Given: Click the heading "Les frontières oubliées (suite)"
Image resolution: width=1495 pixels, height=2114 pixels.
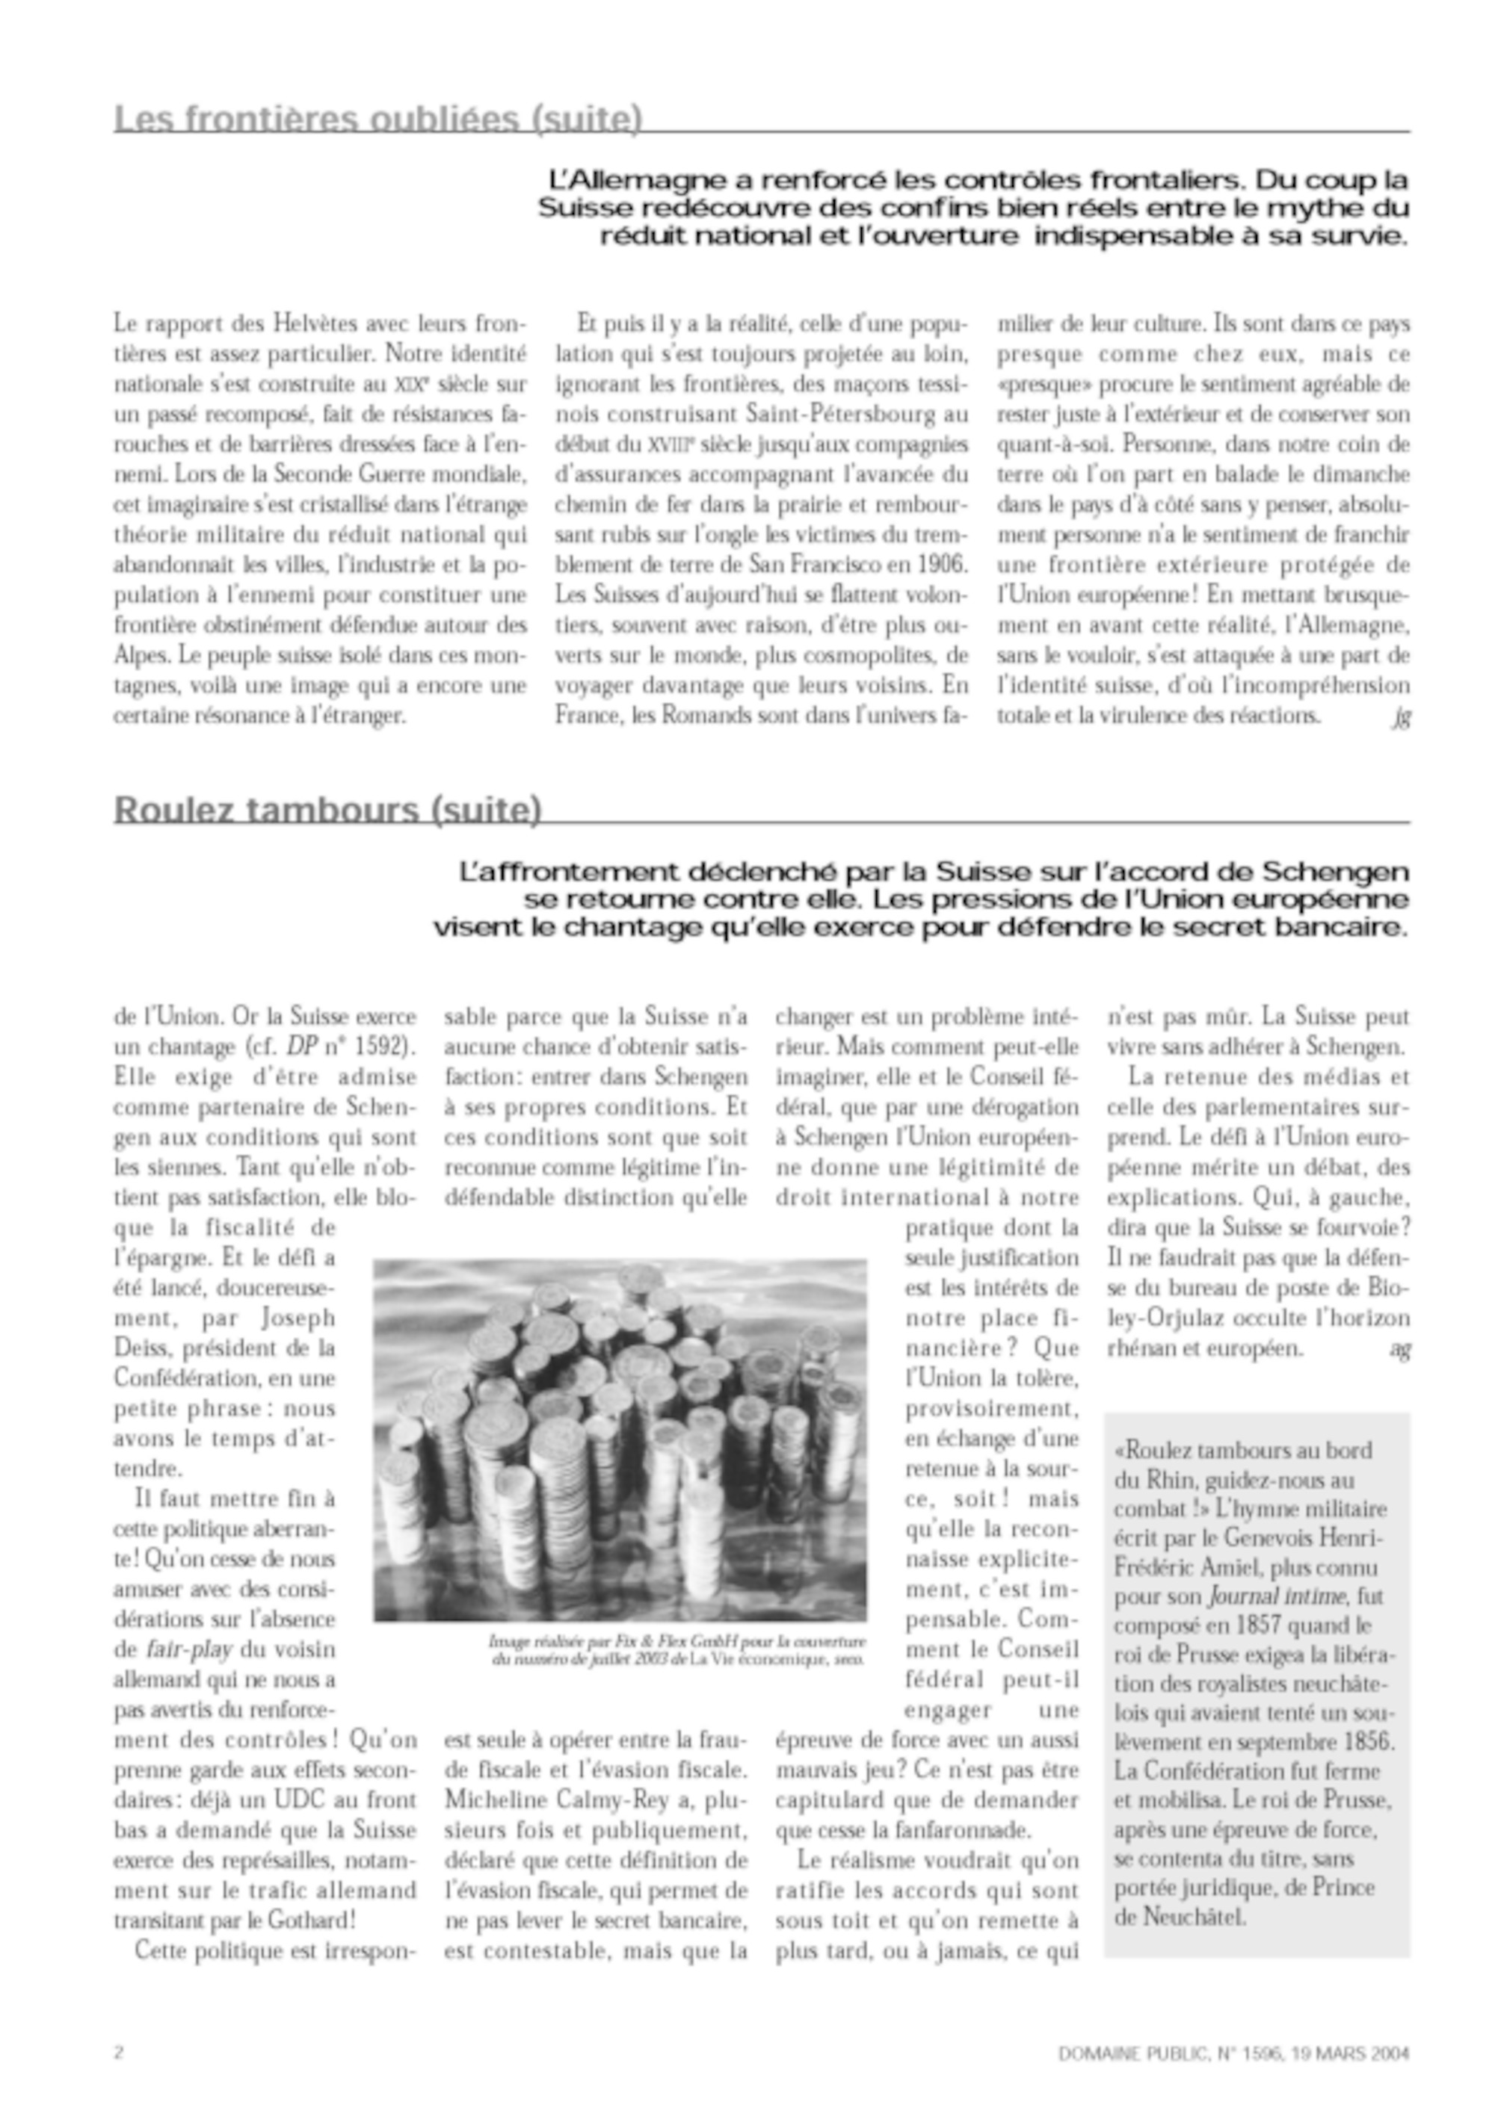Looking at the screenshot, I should point(377,120).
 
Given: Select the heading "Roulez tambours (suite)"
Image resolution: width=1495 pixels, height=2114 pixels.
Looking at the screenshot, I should point(327,809).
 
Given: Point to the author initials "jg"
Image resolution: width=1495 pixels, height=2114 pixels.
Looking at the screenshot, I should point(1400,717).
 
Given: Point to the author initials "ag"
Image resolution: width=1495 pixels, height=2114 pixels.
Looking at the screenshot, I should point(1399,1350).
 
